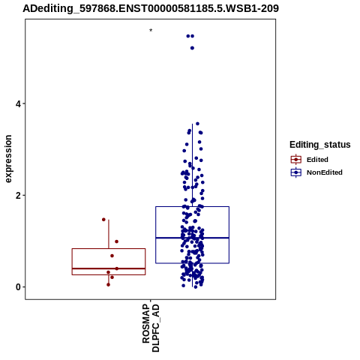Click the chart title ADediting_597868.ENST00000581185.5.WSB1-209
[151, 8]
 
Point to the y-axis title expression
[8, 159]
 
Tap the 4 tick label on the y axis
[18, 103]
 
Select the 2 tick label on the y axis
[18, 196]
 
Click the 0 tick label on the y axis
[18, 287]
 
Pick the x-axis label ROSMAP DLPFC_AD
[151, 328]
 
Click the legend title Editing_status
[320, 145]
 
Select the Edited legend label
[317, 160]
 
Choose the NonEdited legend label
[325, 172]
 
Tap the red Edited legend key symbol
[296, 160]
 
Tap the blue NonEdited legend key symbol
[296, 172]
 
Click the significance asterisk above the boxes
[151, 31]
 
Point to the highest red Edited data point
[103, 220]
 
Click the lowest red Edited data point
[108, 284]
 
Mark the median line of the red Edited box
[109, 268]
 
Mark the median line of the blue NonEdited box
[192, 238]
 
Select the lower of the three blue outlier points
[192, 48]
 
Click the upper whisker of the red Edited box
[109, 234]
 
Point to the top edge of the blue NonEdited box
[192, 206]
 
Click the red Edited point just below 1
[116, 241]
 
